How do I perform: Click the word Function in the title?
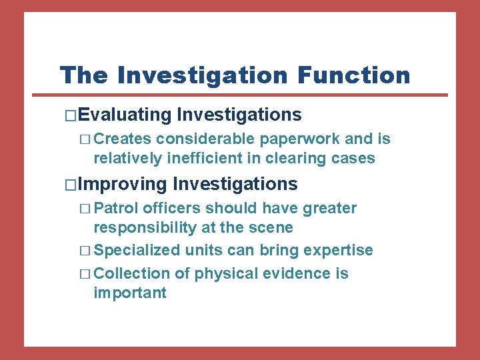tap(354, 75)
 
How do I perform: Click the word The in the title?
tap(83, 75)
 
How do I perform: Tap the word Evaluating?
tap(125, 115)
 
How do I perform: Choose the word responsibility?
tap(145, 228)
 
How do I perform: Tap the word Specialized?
tap(137, 251)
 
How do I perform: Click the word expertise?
tap(337, 251)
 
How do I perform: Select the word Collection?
tap(132, 273)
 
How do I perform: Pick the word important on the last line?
tap(130, 293)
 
